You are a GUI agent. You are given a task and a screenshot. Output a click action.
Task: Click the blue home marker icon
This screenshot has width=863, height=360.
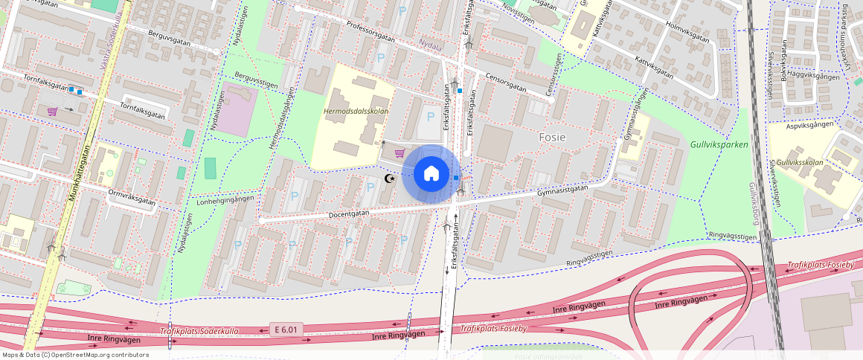pos(431,174)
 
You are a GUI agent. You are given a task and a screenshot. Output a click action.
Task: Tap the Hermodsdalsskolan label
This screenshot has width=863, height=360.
pos(356,112)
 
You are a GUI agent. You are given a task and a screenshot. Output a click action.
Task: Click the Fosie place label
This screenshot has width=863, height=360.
pos(552,138)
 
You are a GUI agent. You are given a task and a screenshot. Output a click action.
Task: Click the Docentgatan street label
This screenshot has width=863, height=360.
pos(348,213)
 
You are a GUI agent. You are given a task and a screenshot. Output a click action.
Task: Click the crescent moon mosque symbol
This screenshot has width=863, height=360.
pos(388,179)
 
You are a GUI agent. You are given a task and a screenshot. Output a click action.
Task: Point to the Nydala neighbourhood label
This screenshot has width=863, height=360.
pos(431,45)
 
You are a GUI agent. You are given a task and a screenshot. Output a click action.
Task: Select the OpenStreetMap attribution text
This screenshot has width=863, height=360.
pos(74,355)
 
